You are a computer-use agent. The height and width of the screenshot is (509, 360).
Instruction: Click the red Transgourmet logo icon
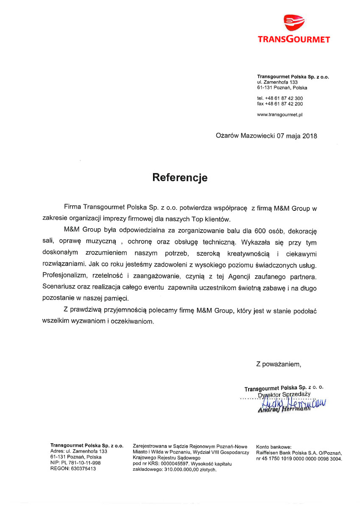293,23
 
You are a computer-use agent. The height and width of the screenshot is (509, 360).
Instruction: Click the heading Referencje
180,177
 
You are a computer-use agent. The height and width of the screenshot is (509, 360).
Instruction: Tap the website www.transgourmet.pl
279,115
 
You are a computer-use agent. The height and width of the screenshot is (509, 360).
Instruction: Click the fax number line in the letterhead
280,104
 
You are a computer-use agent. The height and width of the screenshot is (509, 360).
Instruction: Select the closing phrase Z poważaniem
278,364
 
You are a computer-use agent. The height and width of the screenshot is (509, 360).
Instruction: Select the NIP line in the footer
75,463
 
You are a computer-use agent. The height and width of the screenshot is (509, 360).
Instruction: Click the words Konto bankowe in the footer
274,447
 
